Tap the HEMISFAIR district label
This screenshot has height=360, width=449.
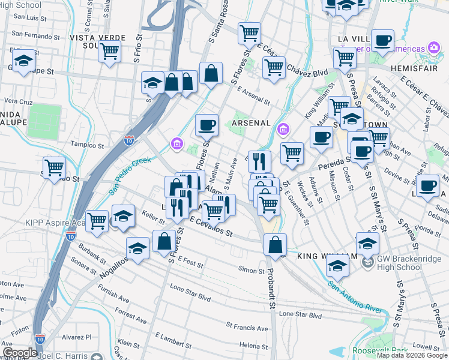(418, 69)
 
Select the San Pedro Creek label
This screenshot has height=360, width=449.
(130, 176)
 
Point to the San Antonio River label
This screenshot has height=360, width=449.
(355, 296)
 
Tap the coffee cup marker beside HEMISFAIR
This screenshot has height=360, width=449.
(382, 41)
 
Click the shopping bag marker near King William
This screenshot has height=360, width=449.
(275, 245)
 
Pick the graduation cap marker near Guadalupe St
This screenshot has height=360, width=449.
(23, 61)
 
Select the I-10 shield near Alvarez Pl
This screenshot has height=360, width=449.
(40, 339)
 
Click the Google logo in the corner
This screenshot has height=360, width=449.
(20, 353)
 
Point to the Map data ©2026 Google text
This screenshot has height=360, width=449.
(412, 355)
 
